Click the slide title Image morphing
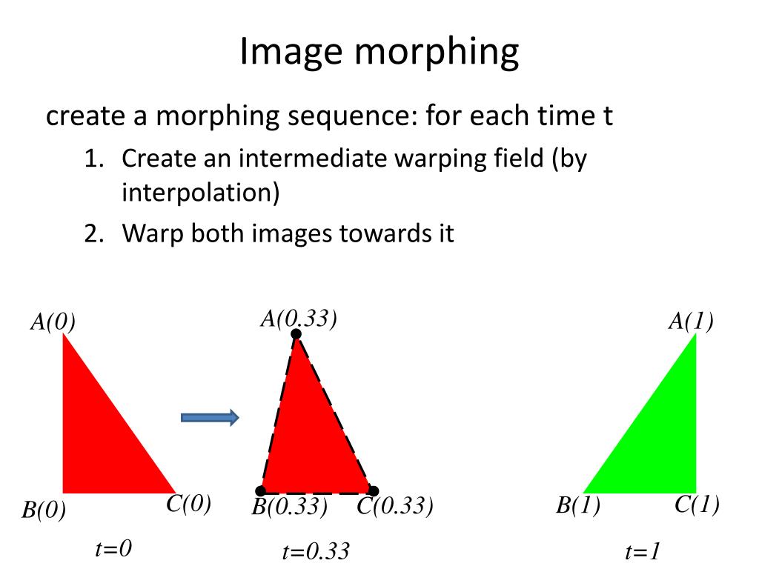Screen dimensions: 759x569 pyautogui.click(x=379, y=53)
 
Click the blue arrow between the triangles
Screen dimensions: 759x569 pyautogui.click(x=210, y=418)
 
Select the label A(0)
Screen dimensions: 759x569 pyautogui.click(x=53, y=322)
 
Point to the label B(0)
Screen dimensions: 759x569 pyautogui.click(x=43, y=510)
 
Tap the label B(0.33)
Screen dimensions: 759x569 pyautogui.click(x=289, y=508)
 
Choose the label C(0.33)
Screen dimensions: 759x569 pyautogui.click(x=394, y=508)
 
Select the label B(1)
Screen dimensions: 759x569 pyautogui.click(x=578, y=508)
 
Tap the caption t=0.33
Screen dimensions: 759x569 pyautogui.click(x=315, y=552)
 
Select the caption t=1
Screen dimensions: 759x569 pyautogui.click(x=643, y=552)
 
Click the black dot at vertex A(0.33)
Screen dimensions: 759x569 pyautogui.click(x=296, y=334)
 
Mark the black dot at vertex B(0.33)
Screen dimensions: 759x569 pyautogui.click(x=261, y=490)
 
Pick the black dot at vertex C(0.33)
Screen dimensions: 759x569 pyautogui.click(x=374, y=490)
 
